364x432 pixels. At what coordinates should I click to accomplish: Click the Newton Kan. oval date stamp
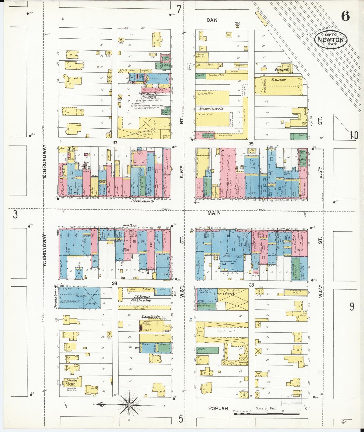330,39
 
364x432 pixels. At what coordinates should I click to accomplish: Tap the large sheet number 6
345,17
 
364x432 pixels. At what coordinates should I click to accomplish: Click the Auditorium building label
279,80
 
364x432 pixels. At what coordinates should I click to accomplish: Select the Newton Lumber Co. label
211,109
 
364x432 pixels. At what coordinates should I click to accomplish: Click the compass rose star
129,405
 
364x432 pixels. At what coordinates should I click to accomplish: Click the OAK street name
212,20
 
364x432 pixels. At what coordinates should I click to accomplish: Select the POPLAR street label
218,409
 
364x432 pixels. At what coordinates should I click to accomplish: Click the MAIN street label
214,213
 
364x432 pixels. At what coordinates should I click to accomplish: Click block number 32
115,143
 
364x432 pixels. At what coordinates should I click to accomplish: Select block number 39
251,144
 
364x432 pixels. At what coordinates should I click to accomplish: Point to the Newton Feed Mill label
147,317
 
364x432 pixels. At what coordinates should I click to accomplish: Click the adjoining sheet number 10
354,135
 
